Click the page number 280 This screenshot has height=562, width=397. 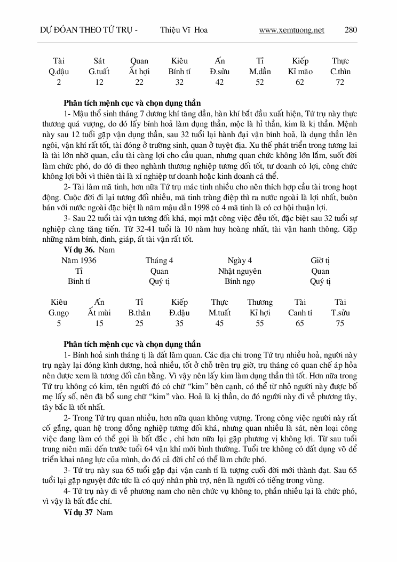tap(351, 30)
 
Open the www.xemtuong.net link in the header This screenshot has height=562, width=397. tap(291, 30)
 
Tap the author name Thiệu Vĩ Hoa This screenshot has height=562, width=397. tap(184, 30)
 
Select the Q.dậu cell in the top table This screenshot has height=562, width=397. tap(59, 72)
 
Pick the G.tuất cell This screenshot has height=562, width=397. tap(99, 72)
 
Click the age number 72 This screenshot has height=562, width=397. tap(340, 82)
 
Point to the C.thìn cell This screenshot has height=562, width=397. tap(340, 72)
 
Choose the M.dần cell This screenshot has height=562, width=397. tap(260, 72)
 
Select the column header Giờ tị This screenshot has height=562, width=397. tap(320, 260)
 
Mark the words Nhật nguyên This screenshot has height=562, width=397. tap(240, 271)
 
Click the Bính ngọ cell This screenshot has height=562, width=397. tap(240, 281)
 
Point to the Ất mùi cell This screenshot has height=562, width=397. tap(99, 313)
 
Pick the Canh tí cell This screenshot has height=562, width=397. tap(300, 313)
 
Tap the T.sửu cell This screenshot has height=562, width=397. tap(340, 313)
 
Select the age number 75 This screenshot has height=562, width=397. tap(340, 323)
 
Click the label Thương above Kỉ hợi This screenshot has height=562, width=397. tap(260, 302)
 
